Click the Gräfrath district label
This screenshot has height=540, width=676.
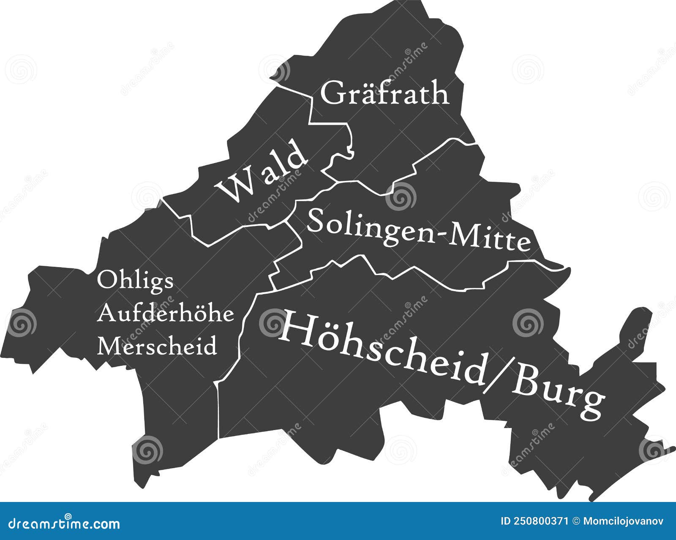click(384, 93)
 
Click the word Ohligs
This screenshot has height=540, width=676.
click(135, 281)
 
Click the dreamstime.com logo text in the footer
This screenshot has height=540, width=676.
click(60, 524)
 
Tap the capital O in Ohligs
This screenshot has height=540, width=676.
click(105, 280)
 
